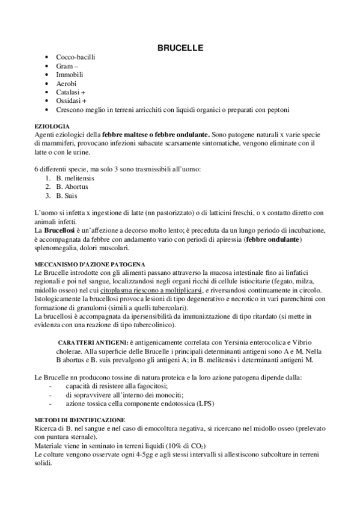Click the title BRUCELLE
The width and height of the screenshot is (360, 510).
point(180,46)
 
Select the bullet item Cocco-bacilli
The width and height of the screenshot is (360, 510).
point(75,57)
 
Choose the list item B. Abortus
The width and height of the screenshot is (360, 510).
point(72,186)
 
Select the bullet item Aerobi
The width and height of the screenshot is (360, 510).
point(66,84)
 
